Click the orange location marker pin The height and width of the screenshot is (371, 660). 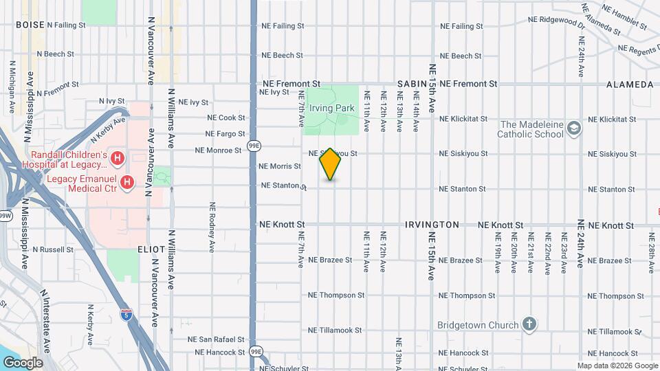coord(330,164)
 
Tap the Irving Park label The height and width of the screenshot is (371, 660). coord(331,108)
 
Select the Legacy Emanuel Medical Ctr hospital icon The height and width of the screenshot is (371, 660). coord(127,182)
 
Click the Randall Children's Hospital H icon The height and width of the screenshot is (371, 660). coord(118,159)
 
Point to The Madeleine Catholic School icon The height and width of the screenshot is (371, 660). coord(574,128)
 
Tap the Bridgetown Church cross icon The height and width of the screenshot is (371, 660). coord(529,324)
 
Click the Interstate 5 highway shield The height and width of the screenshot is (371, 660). coord(126,315)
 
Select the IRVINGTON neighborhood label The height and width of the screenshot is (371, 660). coord(432,225)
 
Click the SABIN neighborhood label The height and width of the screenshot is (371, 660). coord(412,84)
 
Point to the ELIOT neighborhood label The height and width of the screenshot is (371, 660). coord(151,249)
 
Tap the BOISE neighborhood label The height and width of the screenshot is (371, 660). coord(30,25)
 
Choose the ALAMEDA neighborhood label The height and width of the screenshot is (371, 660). coord(630,84)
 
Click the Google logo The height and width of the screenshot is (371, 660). coord(22,362)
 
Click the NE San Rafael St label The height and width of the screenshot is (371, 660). coord(217,339)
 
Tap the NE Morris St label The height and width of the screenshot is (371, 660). coord(280,166)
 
